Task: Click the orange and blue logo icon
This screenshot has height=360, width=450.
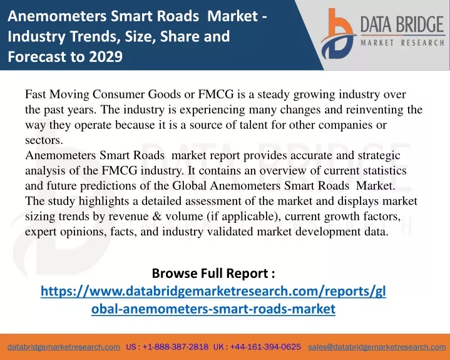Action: (338, 34)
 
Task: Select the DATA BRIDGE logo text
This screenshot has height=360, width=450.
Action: (402, 24)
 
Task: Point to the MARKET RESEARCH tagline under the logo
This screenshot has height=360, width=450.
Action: (402, 43)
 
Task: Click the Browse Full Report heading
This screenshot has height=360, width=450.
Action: (213, 273)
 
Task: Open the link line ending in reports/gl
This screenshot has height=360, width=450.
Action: (213, 291)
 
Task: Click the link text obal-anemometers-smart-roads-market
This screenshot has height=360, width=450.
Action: (213, 309)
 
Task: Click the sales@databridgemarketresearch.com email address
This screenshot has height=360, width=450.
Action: (377, 347)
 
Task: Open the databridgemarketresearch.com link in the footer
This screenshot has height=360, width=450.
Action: (64, 347)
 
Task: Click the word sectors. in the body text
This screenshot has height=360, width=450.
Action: (44, 140)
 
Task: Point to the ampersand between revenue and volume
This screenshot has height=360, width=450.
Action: (157, 216)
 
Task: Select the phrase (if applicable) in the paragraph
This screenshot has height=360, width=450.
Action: (244, 217)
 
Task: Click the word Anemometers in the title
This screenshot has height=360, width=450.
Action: (57, 16)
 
